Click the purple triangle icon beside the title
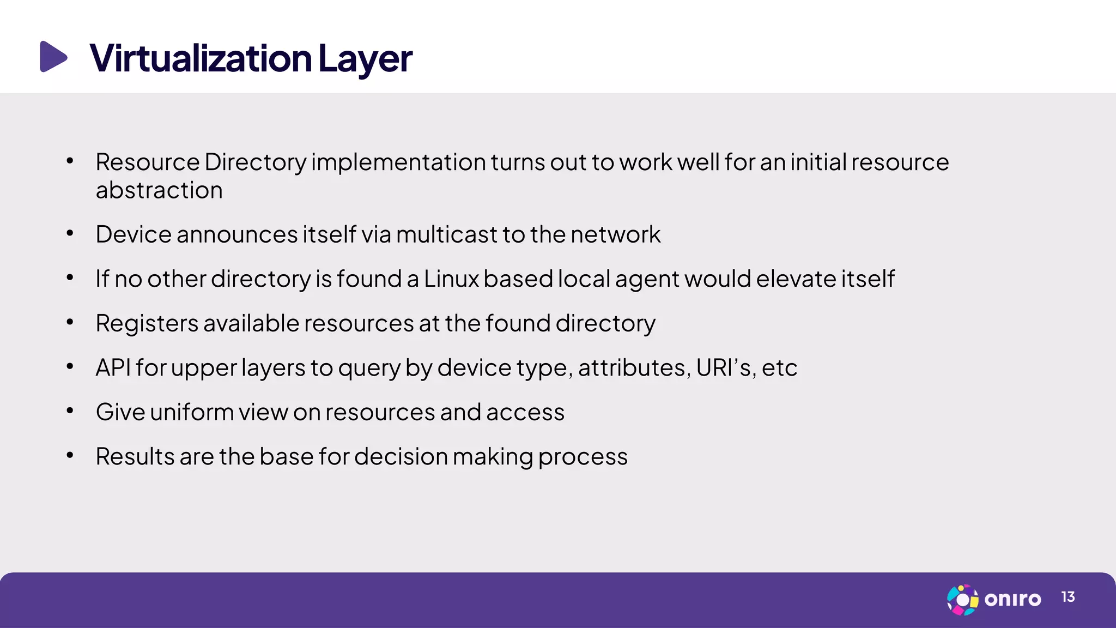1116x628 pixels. tap(53, 57)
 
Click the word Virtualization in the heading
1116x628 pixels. tap(201, 58)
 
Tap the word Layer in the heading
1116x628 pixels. tap(365, 59)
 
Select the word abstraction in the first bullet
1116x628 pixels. tap(159, 191)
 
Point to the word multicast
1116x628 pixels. tap(446, 234)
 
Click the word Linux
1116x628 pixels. tap(451, 279)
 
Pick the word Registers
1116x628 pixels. tap(147, 324)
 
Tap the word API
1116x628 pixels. tap(113, 367)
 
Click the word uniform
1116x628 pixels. tap(192, 412)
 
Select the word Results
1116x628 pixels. tap(135, 456)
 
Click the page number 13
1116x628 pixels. tap(1068, 597)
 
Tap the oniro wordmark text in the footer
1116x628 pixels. tap(1012, 600)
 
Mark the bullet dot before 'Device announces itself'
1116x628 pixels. tap(70, 234)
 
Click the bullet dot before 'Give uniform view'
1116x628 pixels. tap(70, 411)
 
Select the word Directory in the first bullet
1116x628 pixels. tap(256, 162)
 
